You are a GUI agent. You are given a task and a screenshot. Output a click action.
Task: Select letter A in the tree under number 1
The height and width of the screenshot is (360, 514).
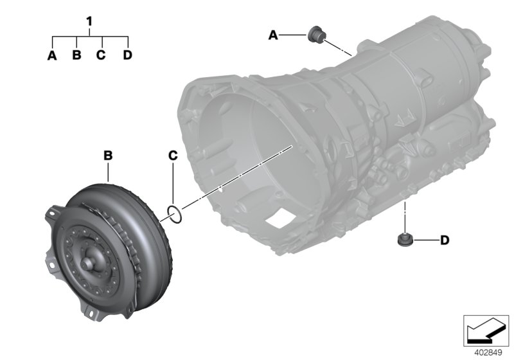coord(52,55)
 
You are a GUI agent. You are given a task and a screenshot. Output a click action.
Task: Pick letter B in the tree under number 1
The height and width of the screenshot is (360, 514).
coord(76,55)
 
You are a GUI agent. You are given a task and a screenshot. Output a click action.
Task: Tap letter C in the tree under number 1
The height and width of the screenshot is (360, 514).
coord(101,55)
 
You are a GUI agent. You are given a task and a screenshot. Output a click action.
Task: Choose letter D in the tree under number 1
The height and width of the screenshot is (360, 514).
coord(127,55)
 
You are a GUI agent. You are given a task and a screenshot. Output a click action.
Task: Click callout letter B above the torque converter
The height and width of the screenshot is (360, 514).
coord(109,155)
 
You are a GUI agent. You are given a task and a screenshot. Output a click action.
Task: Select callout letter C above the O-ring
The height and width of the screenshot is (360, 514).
coord(172,155)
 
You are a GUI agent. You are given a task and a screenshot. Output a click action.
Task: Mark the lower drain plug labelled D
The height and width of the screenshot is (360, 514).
coord(404,240)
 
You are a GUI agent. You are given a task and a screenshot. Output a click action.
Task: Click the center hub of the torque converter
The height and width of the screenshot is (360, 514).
coord(89,263)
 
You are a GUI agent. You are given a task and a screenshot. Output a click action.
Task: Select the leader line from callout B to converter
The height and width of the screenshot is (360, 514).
coord(109,171)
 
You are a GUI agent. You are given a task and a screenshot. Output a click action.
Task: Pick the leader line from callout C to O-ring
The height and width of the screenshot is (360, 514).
coord(172,183)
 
